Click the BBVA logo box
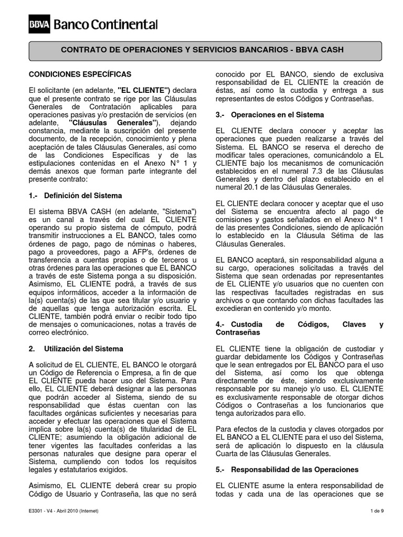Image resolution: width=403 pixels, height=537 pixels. (x=39, y=24)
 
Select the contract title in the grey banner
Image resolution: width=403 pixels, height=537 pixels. (x=203, y=50)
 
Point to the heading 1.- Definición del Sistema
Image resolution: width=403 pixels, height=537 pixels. (x=76, y=196)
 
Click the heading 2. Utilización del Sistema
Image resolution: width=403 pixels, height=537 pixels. (x=76, y=348)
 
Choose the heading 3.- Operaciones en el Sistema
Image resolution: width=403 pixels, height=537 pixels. (x=270, y=114)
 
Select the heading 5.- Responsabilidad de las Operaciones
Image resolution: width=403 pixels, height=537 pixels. (x=287, y=469)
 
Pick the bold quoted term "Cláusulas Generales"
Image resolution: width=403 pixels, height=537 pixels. (x=113, y=122)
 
